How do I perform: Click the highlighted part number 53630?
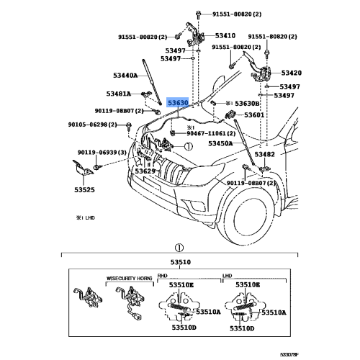(178, 103)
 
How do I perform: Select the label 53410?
(225, 35)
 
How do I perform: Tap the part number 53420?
(291, 73)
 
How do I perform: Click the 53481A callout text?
(120, 94)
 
